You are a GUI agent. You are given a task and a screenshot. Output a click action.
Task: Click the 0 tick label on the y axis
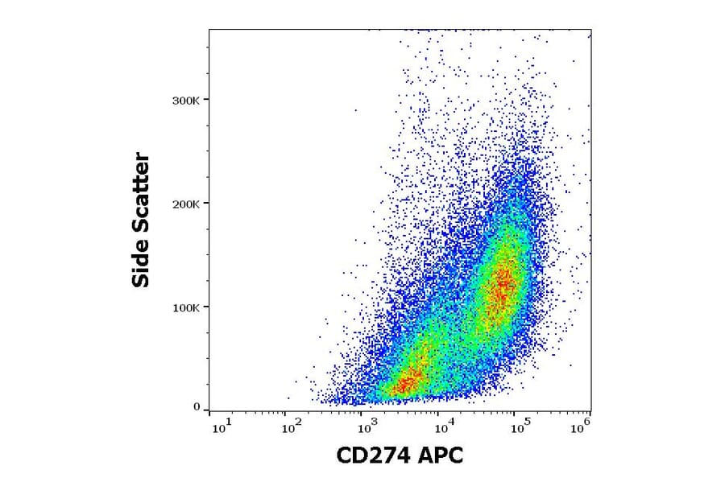[196, 407]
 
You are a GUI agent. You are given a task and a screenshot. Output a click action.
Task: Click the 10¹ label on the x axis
[219, 426]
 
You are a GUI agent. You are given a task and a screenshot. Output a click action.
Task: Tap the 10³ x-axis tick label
[368, 426]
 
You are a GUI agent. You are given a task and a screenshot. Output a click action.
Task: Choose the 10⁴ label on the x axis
[442, 426]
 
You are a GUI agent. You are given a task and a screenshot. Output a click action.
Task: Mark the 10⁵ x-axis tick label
[519, 426]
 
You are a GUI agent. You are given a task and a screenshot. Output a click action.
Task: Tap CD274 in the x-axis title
[374, 456]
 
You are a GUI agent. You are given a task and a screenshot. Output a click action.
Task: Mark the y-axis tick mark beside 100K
[206, 307]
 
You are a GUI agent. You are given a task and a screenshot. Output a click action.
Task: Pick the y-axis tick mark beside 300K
[206, 100]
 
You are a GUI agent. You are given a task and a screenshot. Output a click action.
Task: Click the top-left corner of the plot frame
[209, 30]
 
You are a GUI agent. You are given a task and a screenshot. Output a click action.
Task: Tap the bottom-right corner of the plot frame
[590, 411]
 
